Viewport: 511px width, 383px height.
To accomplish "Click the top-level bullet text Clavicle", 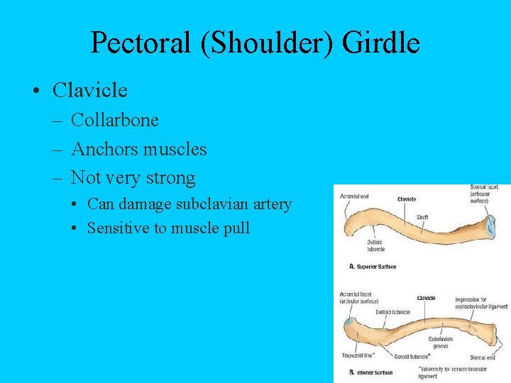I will [90, 90].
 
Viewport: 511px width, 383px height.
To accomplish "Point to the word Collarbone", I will [115, 121].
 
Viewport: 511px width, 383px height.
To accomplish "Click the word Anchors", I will [104, 149].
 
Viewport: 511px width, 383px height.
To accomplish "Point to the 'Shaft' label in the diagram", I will [422, 217].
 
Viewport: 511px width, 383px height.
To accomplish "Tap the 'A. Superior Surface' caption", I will [373, 267].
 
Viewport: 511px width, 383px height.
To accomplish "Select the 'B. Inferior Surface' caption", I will [372, 372].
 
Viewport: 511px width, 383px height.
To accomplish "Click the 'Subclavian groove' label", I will [440, 343].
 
